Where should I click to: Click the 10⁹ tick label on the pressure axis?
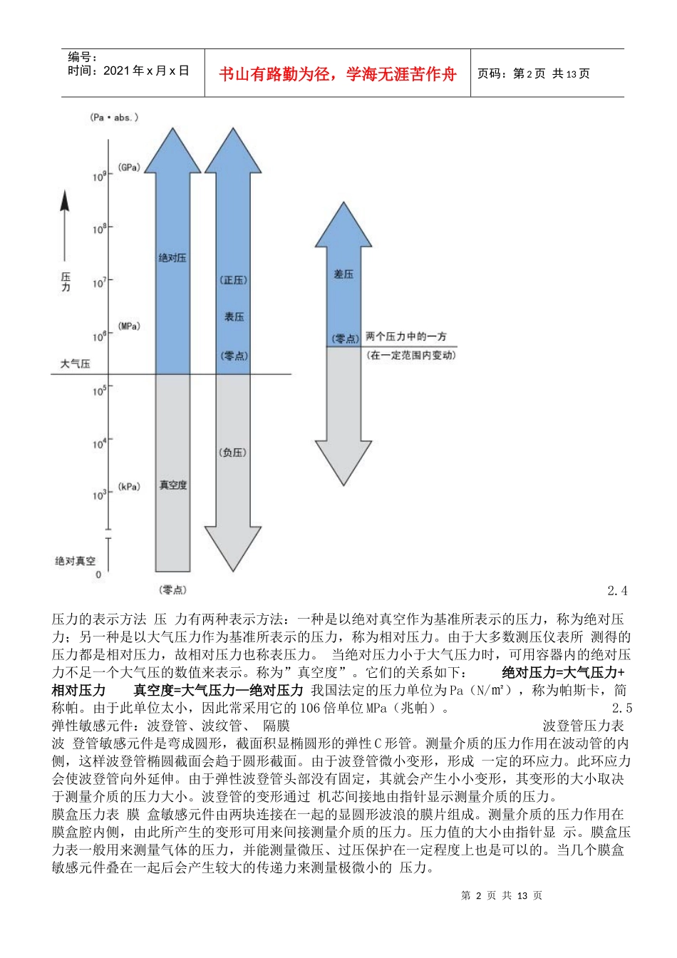coord(99,176)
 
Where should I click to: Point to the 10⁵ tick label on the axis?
coord(99,391)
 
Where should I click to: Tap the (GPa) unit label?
coord(129,168)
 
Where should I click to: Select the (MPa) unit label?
coord(129,326)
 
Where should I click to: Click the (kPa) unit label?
coord(129,487)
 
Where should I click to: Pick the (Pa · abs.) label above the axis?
coord(113,117)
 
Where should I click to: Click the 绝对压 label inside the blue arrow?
coord(172,257)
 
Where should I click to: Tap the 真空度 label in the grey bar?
coord(172,485)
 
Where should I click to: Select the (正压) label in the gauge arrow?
coord(234,280)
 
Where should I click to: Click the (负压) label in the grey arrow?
coord(233,452)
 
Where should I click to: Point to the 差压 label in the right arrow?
coord(343,274)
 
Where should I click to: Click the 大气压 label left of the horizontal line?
coord(75,364)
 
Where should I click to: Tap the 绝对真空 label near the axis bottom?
coord(75,561)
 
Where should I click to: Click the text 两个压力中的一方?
coord(406,336)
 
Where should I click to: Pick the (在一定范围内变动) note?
coord(411,354)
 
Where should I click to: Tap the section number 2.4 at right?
coord(617,590)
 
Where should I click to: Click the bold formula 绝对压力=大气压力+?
coord(563,672)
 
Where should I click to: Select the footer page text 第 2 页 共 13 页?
coord(502,895)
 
